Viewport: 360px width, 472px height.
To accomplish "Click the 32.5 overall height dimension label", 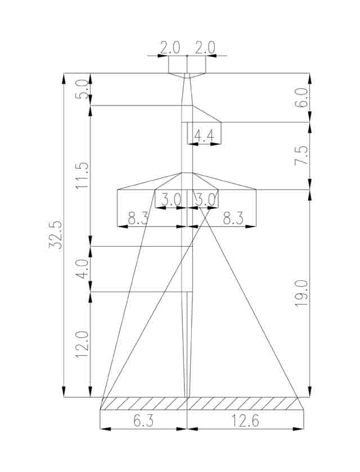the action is click(x=55, y=235).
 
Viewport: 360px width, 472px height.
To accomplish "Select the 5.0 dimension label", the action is click(x=82, y=89).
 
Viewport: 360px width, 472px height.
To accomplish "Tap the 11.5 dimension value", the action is click(x=82, y=175).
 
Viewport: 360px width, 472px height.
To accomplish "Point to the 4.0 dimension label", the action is click(x=82, y=269).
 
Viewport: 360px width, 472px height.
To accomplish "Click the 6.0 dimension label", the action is click(x=301, y=98).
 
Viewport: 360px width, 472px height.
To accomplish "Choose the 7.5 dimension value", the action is click(x=301, y=155).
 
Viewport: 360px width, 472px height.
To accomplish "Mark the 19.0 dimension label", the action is click(x=301, y=293).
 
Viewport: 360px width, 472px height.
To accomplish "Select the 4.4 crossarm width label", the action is click(x=204, y=136).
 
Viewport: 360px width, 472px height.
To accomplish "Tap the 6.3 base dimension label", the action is click(x=143, y=420).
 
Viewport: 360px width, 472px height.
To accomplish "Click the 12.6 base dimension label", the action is click(x=245, y=420).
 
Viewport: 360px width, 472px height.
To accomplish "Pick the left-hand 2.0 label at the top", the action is click(x=170, y=48).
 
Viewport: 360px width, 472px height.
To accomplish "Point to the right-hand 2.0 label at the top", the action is click(x=205, y=48).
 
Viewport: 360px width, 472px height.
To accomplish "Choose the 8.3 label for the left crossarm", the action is click(x=138, y=219).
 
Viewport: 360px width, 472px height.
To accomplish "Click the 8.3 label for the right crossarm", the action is click(x=233, y=219).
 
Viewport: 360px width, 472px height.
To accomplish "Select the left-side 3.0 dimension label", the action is click(x=171, y=199).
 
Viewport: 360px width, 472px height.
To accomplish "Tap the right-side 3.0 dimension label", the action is click(x=206, y=199).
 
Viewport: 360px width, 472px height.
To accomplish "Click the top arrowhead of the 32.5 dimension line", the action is click(x=64, y=79).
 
